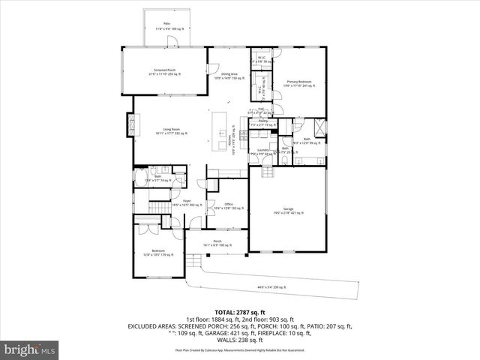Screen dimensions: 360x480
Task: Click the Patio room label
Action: click(x=166, y=25)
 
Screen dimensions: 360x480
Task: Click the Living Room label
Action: click(x=171, y=131)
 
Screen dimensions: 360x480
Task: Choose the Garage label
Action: click(x=288, y=211)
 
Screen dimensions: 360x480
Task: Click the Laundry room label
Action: click(x=262, y=151)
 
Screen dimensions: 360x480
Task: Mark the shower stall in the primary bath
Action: click(x=319, y=127)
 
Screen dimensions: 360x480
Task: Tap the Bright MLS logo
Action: click(x=30, y=349)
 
